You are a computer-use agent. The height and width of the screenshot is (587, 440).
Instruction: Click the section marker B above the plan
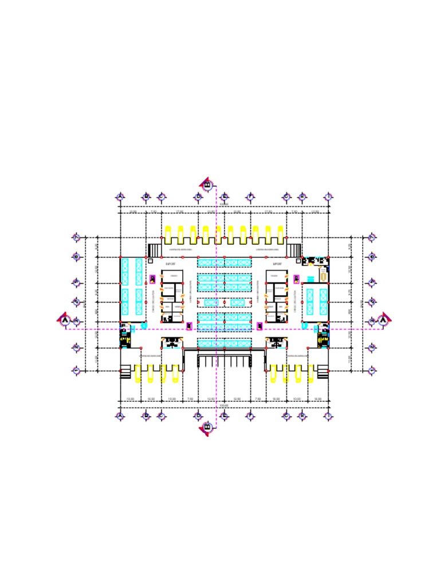pyautogui.click(x=207, y=185)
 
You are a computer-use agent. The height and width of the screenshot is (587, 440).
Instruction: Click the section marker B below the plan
pyautogui.click(x=207, y=428)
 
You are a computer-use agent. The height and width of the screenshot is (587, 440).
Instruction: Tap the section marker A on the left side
pyautogui.click(x=65, y=319)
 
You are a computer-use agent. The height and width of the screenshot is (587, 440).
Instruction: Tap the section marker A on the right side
pyautogui.click(x=384, y=319)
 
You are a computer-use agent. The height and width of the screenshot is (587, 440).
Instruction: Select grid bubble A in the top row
pyautogui.click(x=120, y=197)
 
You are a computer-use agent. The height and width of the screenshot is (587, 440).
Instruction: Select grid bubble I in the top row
pyautogui.click(x=328, y=197)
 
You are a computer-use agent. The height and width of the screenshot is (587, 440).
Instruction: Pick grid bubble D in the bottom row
pyautogui.click(x=198, y=416)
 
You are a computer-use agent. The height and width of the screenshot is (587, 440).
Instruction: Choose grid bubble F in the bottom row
pyautogui.click(x=250, y=416)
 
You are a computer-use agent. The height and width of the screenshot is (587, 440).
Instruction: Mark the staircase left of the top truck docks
pyautogui.click(x=154, y=251)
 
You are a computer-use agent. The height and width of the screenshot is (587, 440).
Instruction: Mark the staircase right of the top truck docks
pyautogui.click(x=294, y=251)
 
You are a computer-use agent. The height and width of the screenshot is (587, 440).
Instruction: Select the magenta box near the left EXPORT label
pyautogui.click(x=153, y=279)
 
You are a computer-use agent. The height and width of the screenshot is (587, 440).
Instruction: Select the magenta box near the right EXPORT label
pyautogui.click(x=296, y=279)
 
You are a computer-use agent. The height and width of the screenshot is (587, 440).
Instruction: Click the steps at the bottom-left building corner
pyautogui.click(x=125, y=373)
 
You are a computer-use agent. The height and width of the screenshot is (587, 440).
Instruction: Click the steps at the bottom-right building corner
pyautogui.click(x=323, y=373)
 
